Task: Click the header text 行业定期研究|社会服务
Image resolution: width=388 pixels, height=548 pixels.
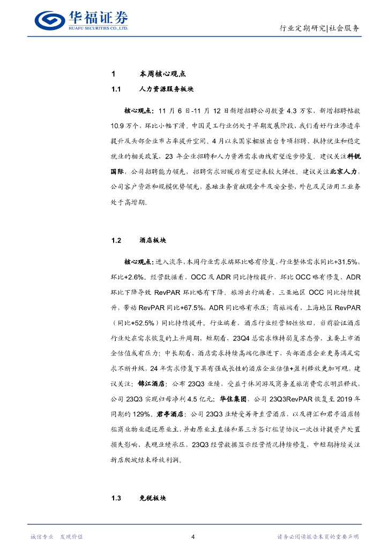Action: [x=320, y=28]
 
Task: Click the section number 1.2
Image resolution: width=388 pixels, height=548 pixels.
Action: [x=117, y=240]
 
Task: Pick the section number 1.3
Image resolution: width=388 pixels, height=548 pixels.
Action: [x=117, y=498]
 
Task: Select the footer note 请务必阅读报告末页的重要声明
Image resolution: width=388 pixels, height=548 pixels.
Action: [x=318, y=537]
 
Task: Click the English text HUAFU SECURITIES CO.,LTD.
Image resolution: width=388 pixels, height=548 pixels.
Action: [x=98, y=28]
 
